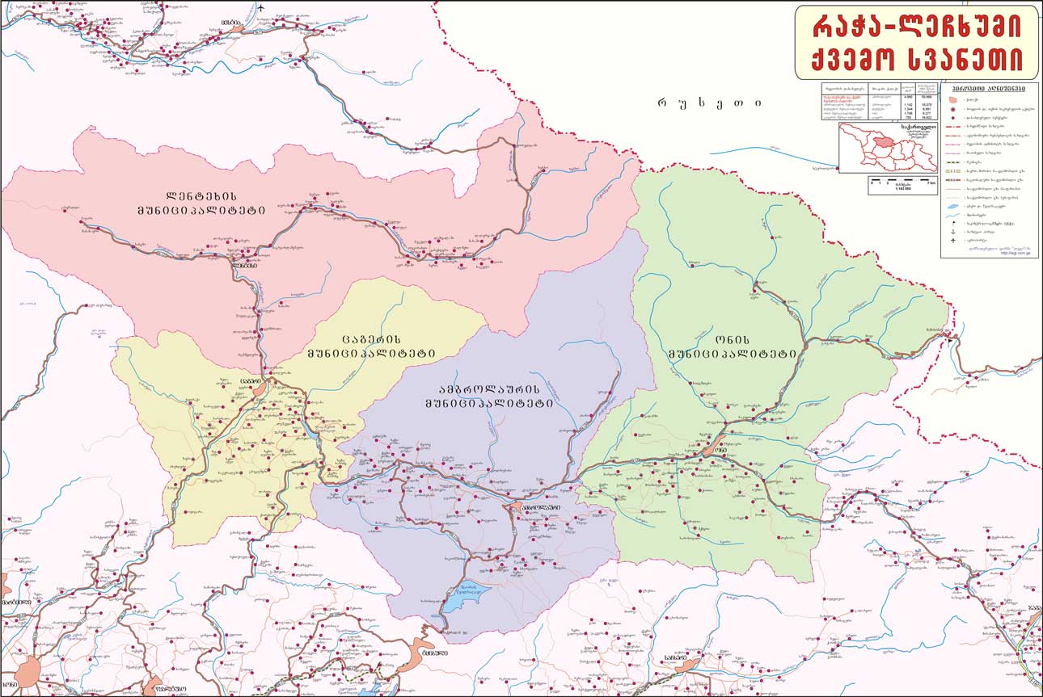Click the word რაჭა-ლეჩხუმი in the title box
pos(916,27)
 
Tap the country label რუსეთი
pos(709,103)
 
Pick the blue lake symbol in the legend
pos(955,208)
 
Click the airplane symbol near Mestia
pos(261,10)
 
